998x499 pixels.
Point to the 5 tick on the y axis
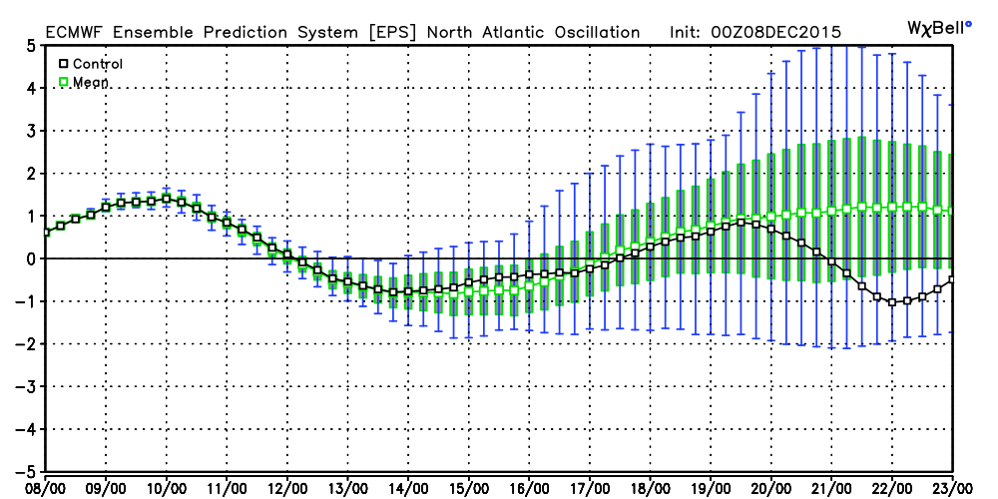pyautogui.click(x=33, y=45)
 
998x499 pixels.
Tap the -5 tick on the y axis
pyautogui.click(x=30, y=471)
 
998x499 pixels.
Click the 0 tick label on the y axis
pyautogui.click(x=33, y=258)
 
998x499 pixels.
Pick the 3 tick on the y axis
pyautogui.click(x=33, y=131)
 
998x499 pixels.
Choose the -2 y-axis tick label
pyautogui.click(x=30, y=343)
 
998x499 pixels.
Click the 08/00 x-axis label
pyautogui.click(x=46, y=487)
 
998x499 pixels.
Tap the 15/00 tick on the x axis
pyautogui.click(x=469, y=487)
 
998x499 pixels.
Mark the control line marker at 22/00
pyautogui.click(x=892, y=301)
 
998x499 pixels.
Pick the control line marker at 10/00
pyautogui.click(x=167, y=199)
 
